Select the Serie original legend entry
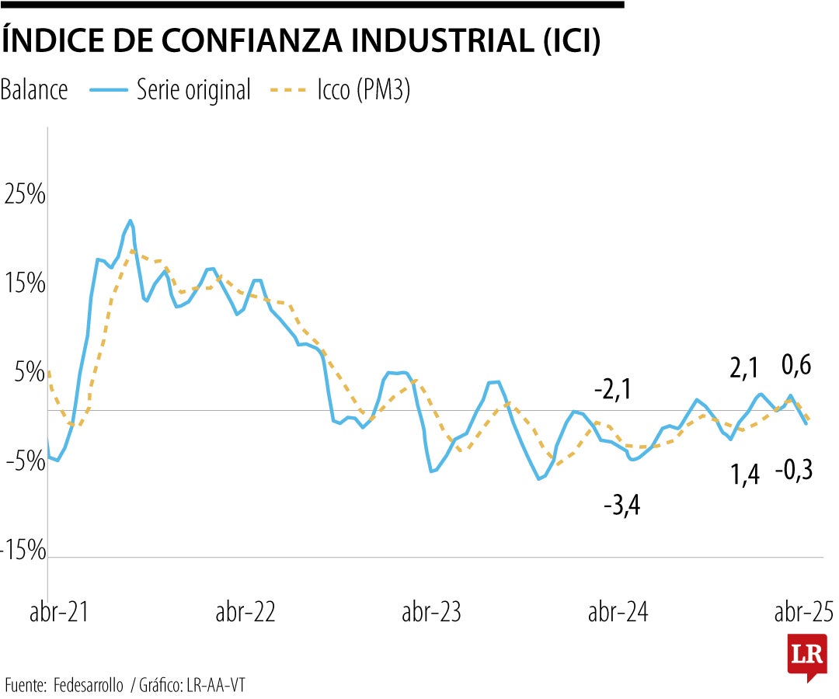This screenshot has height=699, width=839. pyautogui.click(x=171, y=90)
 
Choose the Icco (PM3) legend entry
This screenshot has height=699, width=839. pyautogui.click(x=340, y=90)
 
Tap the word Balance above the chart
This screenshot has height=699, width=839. pyautogui.click(x=34, y=90)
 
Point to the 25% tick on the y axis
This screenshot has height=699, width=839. pyautogui.click(x=25, y=195)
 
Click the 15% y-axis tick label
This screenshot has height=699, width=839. pyautogui.click(x=25, y=284)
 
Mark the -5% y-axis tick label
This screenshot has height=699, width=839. pyautogui.click(x=25, y=461)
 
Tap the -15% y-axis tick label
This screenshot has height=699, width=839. pyautogui.click(x=23, y=551)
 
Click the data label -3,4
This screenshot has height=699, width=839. pyautogui.click(x=621, y=508)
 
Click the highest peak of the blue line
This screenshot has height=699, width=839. pyautogui.click(x=130, y=221)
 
